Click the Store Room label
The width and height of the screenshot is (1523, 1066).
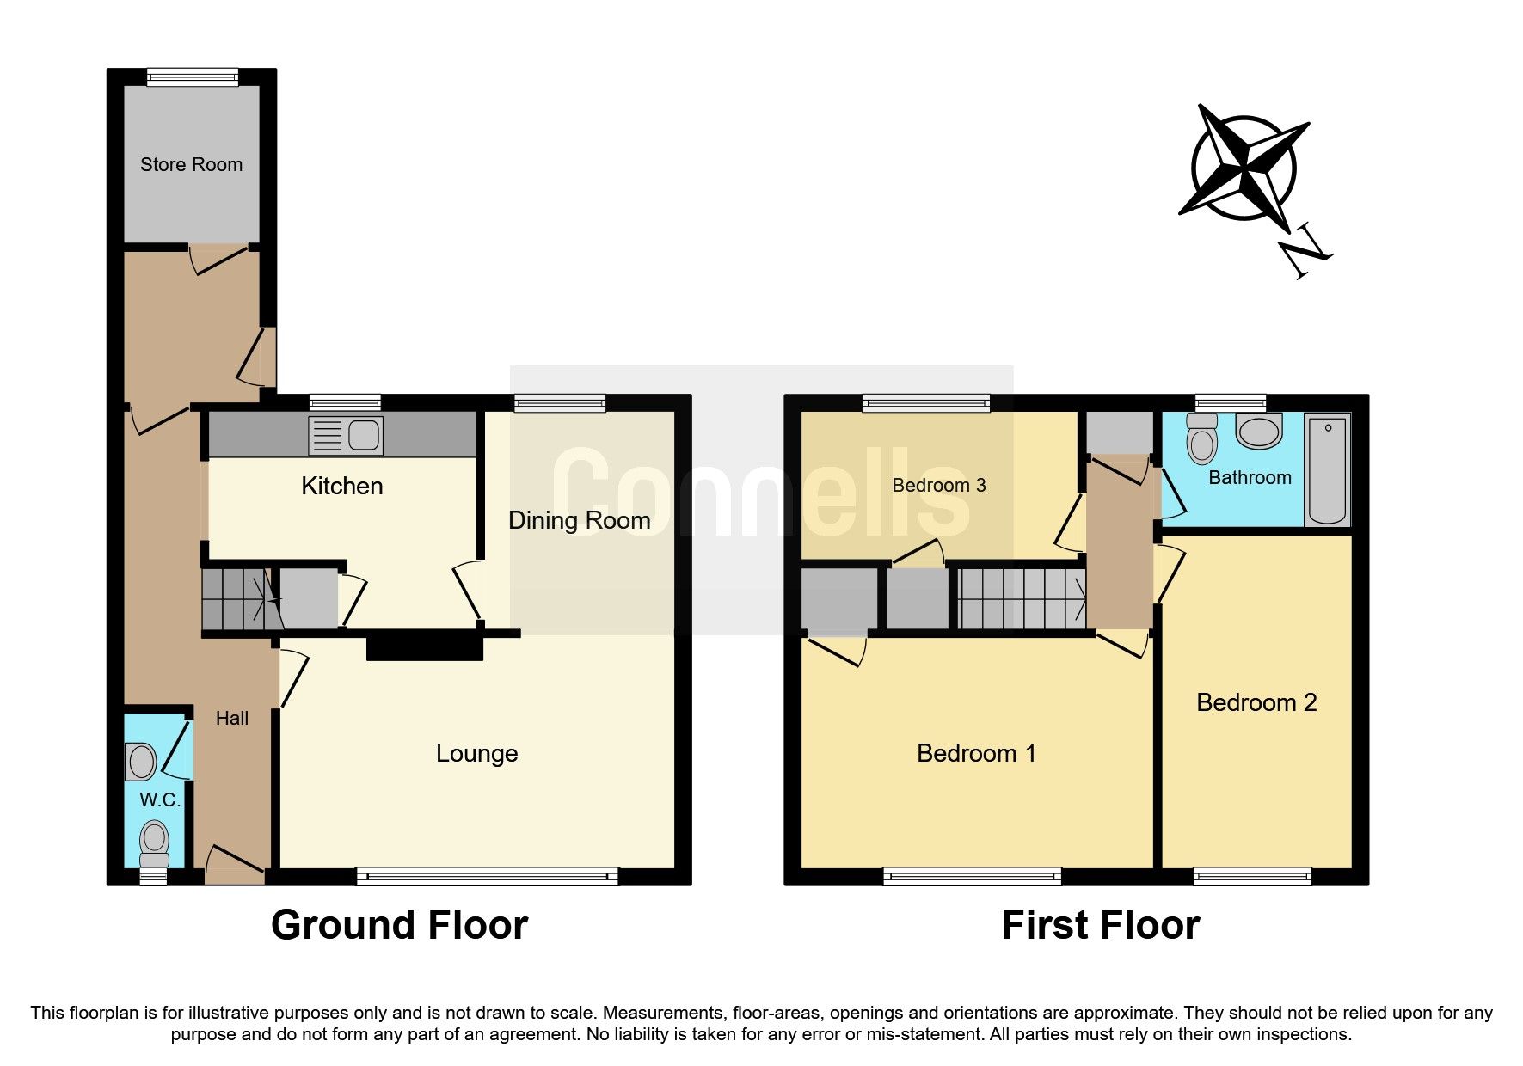pos(191,164)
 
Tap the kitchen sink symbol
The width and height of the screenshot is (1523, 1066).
pos(346,436)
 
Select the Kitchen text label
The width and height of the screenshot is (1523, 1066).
pos(341,486)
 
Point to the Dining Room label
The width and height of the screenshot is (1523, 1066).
pos(579,520)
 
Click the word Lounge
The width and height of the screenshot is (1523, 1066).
pos(476,753)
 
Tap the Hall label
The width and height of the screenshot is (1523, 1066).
pos(232,718)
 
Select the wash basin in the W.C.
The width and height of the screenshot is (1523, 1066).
pos(140,762)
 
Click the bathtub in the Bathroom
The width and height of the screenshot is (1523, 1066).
pos(1327,469)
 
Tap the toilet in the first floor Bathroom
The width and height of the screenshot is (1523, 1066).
pos(1201,438)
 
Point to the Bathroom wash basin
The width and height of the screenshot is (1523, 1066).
pos(1259,431)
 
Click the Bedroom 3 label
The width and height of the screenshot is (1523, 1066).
pos(939,485)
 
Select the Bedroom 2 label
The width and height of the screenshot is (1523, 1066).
pos(1256,702)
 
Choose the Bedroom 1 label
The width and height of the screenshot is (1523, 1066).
pos(976,753)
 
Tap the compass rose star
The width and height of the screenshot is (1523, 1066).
pos(1244,167)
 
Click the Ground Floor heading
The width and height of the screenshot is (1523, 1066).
pos(399,925)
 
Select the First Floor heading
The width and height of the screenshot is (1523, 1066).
pos(1100,925)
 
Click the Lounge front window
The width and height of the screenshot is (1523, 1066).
pos(488,877)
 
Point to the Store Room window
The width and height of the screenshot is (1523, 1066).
pos(192,77)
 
